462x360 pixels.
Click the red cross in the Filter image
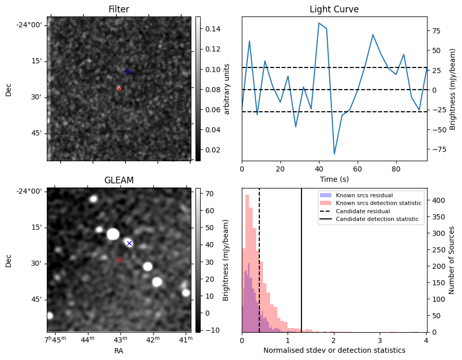pos(119,89)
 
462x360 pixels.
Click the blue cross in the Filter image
pos(128,71)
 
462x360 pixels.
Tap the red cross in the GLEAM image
pos(119,260)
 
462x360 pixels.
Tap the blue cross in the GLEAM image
pos(129,243)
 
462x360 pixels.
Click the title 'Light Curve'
pos(334,9)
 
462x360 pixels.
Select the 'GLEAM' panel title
pos(119,180)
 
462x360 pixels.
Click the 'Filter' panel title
pos(119,9)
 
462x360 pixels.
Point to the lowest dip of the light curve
pos(334,154)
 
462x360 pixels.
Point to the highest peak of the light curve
pos(319,23)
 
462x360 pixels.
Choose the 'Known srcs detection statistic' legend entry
pos(378,203)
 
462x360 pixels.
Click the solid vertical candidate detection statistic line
pos(301,258)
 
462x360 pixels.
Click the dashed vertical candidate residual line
pos(259,258)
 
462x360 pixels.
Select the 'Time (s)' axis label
pos(334,179)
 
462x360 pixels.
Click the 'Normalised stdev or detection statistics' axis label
pos(334,350)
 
